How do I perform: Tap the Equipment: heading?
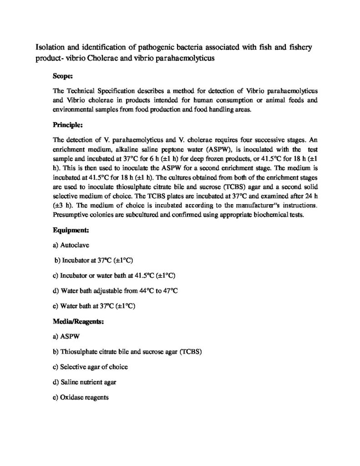coord(71,230)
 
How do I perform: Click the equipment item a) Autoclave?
coord(72,245)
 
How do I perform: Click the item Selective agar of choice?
coord(90,367)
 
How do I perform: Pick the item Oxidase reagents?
coord(81,397)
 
